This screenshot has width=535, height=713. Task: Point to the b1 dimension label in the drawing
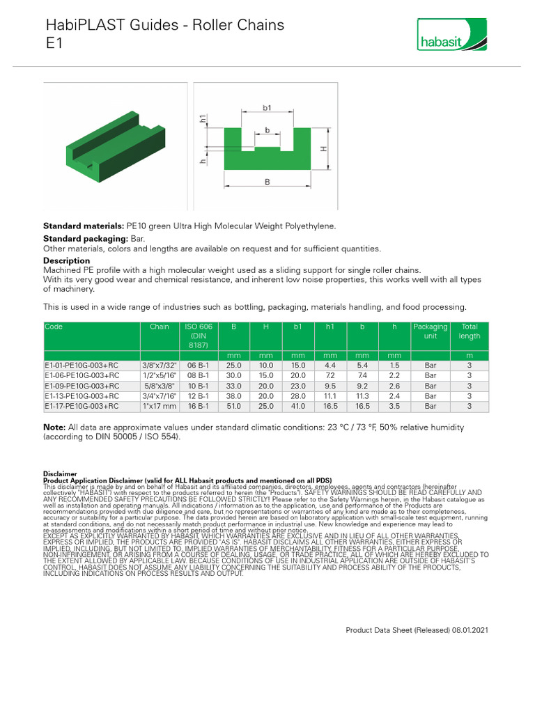tap(267, 108)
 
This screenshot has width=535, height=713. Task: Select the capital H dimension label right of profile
tap(323, 149)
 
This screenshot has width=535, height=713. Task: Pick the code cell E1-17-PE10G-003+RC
tap(82, 406)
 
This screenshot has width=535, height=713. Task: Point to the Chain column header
tap(159, 327)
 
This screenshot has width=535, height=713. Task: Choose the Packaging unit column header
tap(431, 331)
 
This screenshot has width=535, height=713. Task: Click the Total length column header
tap(470, 331)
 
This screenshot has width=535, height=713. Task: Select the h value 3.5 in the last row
tap(394, 406)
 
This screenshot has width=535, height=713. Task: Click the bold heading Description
tap(66, 260)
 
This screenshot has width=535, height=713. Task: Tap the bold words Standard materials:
tap(84, 226)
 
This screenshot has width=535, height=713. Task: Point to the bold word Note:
tap(54, 427)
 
